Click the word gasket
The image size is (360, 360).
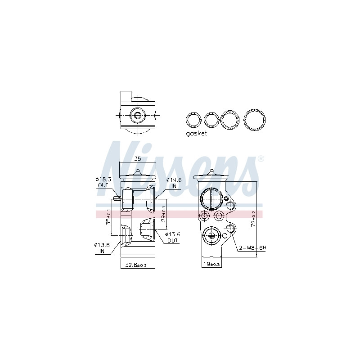[x=196, y=133]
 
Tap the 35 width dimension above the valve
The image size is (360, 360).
[x=138, y=159]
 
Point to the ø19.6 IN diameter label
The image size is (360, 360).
[x=174, y=183]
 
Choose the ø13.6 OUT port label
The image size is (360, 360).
[x=173, y=238]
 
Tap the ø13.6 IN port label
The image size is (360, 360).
[x=102, y=248]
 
